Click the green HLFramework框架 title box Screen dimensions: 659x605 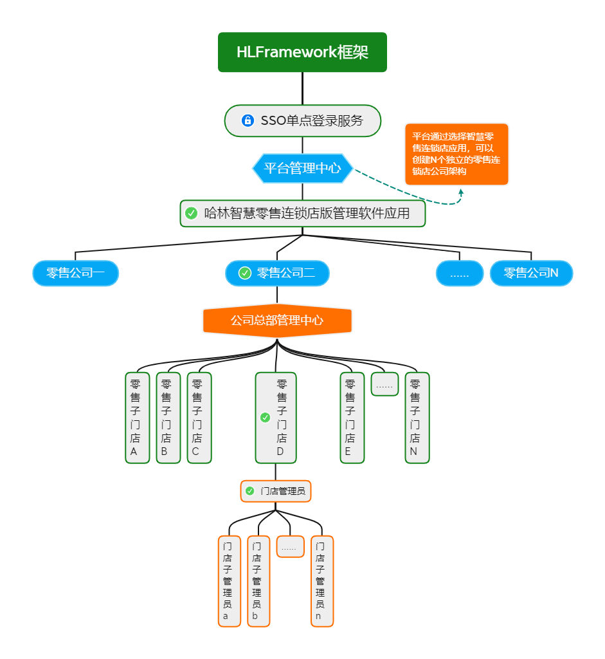coord(302,52)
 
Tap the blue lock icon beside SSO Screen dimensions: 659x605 coord(248,120)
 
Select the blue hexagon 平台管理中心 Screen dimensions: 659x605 coord(302,169)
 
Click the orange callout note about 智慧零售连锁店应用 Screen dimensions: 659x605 coord(456,154)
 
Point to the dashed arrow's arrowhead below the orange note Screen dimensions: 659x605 coord(461,191)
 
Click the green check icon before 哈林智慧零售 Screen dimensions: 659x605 coord(191,213)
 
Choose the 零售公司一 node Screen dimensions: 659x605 coord(76,273)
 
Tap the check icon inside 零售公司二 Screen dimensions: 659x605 coord(244,273)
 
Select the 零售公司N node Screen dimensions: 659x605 coord(531,273)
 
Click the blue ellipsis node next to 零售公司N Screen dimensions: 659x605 coord(459,274)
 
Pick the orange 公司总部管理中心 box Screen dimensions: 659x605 coord(277,320)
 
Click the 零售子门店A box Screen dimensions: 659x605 coord(137,418)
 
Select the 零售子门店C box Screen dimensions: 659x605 coord(199,418)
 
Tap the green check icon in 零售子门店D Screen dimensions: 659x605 coord(265,418)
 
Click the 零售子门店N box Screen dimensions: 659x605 coord(417,418)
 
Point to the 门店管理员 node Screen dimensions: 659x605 coord(276,491)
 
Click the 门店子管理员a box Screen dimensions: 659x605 coord(228,581)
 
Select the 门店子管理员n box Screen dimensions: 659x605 coord(321,581)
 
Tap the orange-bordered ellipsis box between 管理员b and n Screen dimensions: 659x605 coord(290,546)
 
